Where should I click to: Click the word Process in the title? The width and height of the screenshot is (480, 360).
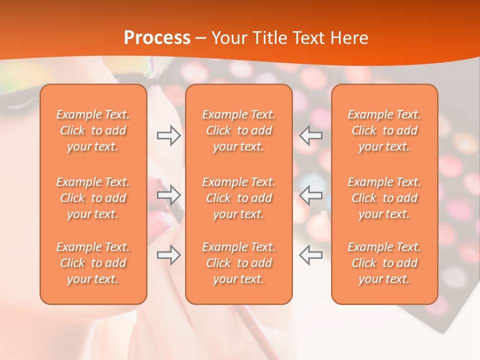157,37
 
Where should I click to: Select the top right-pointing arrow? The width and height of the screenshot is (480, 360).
168,135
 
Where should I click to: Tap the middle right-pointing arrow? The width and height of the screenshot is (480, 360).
168,195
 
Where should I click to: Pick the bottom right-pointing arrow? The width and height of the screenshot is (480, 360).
168,255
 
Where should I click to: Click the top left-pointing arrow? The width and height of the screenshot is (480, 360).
310,135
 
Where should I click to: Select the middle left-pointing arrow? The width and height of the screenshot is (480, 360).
310,195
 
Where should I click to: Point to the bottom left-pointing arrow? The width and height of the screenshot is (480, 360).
310,255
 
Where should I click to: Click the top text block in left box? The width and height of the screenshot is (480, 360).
93,130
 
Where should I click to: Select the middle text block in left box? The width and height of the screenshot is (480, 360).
93,198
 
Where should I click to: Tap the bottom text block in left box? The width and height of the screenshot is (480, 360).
93,263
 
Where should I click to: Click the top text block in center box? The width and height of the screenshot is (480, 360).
238,130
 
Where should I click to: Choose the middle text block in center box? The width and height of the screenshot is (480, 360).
238,198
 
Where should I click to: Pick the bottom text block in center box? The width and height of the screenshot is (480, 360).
238,263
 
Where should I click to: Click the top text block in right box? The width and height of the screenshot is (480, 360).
384,130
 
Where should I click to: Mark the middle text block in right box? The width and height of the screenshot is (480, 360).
384,198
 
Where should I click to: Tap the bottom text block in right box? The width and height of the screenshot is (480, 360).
384,263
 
